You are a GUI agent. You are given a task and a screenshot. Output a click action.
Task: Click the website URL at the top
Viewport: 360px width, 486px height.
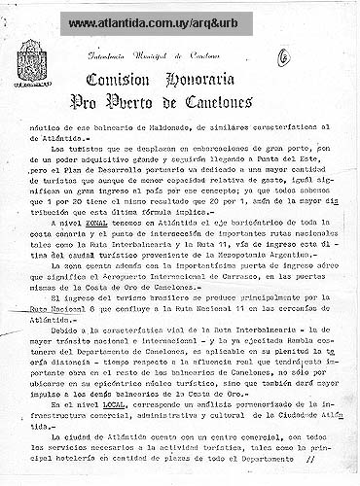[179, 19]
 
